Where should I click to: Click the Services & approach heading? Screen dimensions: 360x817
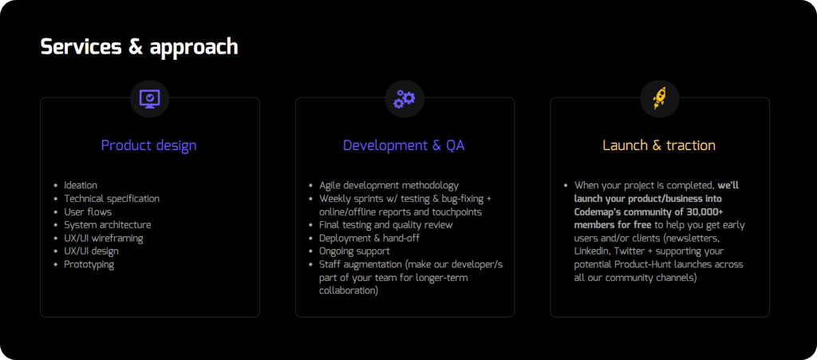coord(139,46)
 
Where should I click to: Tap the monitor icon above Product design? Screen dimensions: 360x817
coord(149,98)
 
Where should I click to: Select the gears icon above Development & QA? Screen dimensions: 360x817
coord(405,98)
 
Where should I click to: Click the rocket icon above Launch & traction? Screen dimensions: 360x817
coord(660,98)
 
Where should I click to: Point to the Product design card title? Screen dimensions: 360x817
coord(148,145)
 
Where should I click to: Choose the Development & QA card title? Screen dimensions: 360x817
coord(404,145)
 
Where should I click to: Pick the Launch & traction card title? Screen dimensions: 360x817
coord(659,145)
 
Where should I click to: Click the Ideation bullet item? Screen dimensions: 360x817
coord(81,185)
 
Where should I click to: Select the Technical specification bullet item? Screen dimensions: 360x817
coord(112,199)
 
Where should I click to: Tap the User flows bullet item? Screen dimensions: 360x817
coord(88,212)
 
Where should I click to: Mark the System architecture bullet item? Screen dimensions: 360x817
coord(108,225)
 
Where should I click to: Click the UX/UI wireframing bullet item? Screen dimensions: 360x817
coord(104,238)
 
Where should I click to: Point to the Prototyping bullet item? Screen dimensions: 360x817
coord(89,264)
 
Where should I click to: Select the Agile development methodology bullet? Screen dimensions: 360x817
coord(389,185)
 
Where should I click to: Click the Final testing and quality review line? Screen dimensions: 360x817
coord(386,225)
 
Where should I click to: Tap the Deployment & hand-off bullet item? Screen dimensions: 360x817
coord(369,238)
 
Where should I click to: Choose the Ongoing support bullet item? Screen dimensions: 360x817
coord(354,251)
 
